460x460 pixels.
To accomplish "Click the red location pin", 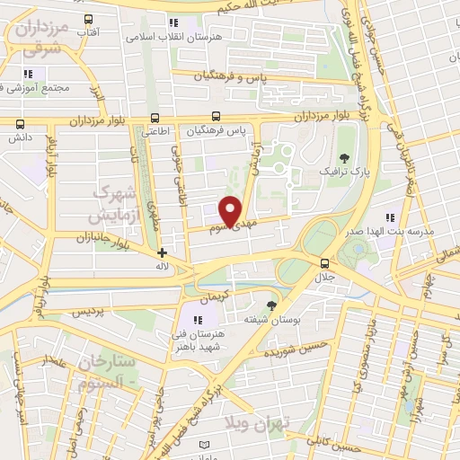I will [232, 210].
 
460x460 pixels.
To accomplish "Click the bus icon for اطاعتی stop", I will [155, 117].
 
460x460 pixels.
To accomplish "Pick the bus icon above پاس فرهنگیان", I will [216, 117].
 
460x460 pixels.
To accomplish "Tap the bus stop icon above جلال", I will [324, 262].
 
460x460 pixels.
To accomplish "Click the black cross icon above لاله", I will [162, 252].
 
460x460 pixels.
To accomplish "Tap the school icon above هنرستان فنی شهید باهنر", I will [199, 319].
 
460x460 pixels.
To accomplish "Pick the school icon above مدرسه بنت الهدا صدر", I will [389, 217].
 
